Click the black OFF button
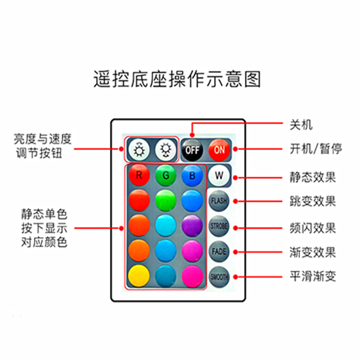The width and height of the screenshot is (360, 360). click(x=192, y=149)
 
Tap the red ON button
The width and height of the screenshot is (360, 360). click(x=219, y=149)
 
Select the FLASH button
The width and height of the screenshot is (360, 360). click(x=219, y=200)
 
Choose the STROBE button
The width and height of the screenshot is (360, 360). click(x=219, y=226)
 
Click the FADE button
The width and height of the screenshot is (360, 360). click(x=219, y=251)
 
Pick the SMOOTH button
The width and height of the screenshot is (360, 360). click(x=219, y=277)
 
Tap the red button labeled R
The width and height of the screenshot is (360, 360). click(x=139, y=175)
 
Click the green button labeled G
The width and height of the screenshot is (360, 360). click(x=166, y=175)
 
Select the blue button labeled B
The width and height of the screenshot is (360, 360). click(x=192, y=175)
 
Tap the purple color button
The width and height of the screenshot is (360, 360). click(x=192, y=225)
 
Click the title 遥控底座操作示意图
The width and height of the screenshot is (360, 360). click(x=177, y=79)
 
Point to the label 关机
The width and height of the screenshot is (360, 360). click(x=301, y=125)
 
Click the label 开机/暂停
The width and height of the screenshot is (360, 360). click(x=315, y=148)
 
